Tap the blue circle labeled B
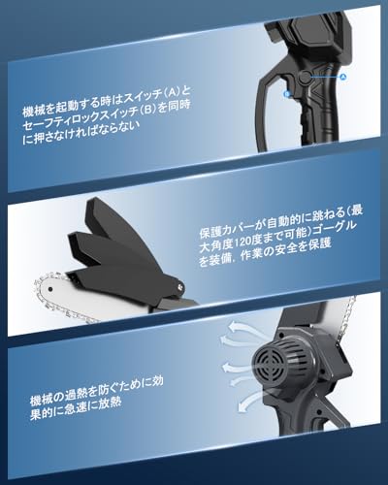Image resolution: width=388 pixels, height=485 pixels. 288,95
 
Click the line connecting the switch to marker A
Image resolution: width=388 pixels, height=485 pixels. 325,76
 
